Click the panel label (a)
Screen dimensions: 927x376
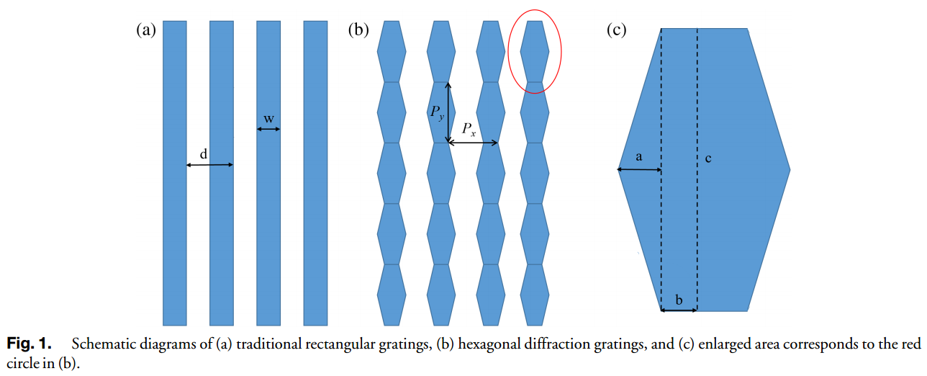146,30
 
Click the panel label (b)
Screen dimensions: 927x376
358,30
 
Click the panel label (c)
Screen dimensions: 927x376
617,30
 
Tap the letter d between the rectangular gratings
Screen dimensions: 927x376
204,154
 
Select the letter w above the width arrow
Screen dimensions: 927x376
269,119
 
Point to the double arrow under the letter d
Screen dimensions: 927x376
210,165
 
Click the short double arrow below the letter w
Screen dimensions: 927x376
268,129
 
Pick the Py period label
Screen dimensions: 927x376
438,112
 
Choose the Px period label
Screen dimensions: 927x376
469,129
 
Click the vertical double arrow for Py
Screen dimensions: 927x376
448,112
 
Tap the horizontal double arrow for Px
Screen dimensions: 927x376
473,143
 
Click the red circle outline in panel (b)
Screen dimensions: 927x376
535,52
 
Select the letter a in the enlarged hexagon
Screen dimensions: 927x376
639,157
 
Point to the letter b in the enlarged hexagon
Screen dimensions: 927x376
679,300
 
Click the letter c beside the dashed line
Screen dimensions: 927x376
708,158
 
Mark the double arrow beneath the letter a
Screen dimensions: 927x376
639,169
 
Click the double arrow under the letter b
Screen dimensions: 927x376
679,310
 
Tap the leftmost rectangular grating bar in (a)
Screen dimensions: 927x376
175,173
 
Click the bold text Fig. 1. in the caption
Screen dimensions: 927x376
29,344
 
